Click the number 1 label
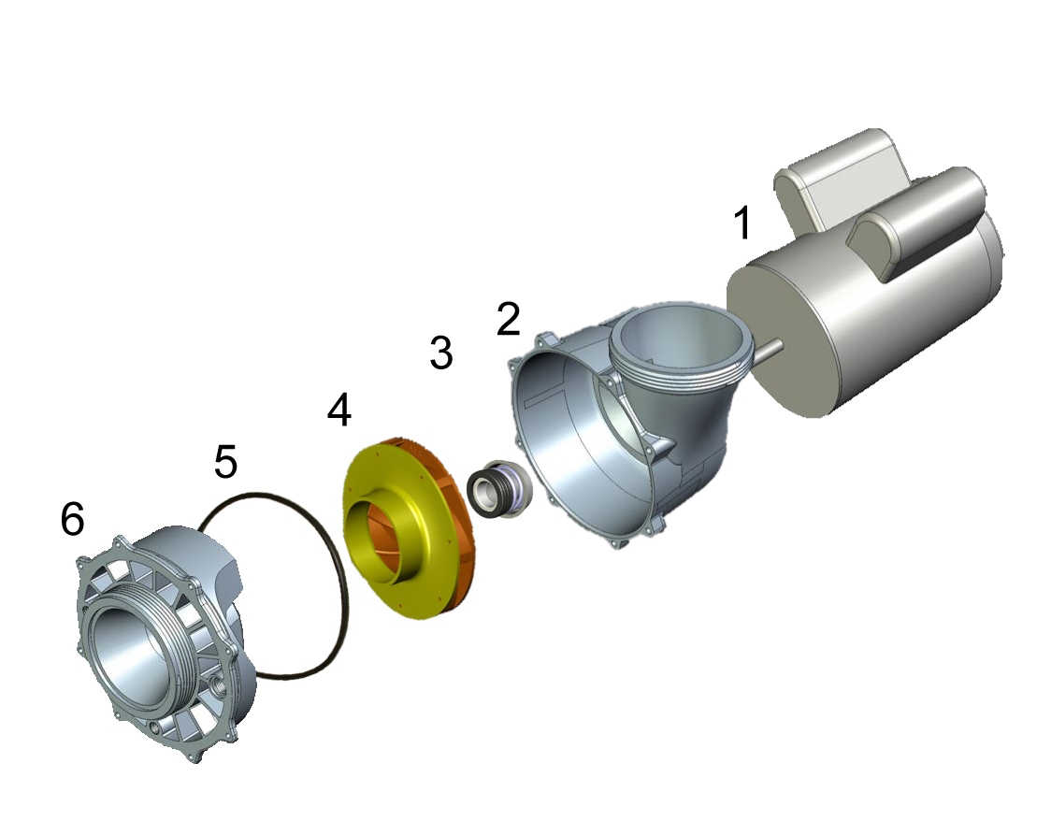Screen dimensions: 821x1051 tap(742, 224)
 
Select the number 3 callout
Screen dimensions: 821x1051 tap(440, 353)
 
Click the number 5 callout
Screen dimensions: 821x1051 tap(225, 462)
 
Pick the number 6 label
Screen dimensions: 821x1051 tap(72, 519)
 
